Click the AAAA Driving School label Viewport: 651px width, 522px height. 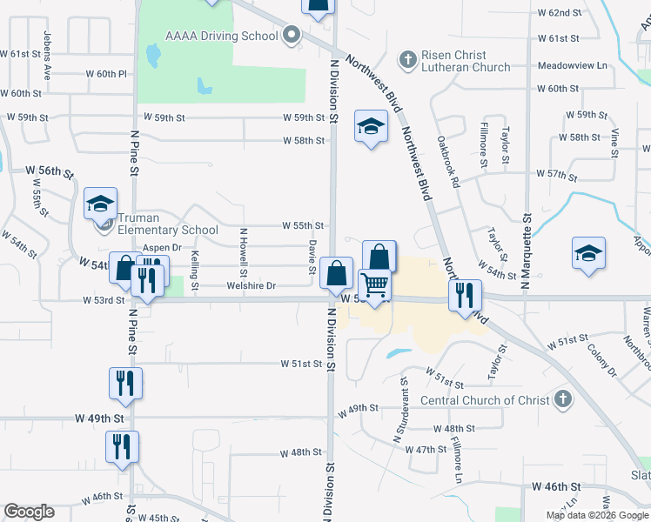[222, 36]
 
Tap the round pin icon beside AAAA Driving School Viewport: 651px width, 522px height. [292, 36]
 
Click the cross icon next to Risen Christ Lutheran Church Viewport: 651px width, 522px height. [406, 59]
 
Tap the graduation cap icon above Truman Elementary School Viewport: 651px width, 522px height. [100, 204]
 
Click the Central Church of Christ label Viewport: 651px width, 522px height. [485, 400]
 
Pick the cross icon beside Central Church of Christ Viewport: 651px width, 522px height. [562, 400]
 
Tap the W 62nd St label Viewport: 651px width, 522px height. [559, 13]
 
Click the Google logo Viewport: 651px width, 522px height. [29, 512]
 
